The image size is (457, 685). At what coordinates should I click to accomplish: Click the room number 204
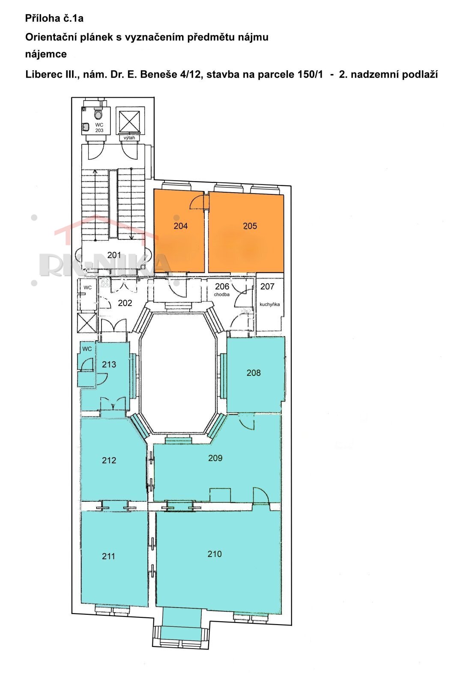click(x=180, y=226)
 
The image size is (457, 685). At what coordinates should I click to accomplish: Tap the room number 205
click(x=250, y=226)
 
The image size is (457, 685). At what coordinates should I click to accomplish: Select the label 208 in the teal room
click(x=254, y=373)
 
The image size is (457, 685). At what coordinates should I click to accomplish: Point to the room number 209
click(x=215, y=458)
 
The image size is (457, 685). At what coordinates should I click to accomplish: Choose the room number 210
click(x=215, y=554)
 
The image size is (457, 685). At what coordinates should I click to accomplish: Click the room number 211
click(x=108, y=556)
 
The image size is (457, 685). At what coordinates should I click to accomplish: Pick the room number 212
click(x=109, y=460)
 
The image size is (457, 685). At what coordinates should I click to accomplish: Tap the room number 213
click(x=109, y=364)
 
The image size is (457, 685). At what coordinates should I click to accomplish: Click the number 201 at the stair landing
click(x=114, y=255)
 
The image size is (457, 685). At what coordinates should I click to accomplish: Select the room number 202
click(x=125, y=303)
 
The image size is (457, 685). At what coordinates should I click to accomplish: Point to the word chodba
click(x=222, y=295)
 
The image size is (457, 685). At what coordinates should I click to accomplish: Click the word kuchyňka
click(x=269, y=304)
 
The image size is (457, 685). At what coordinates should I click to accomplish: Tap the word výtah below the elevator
click(x=129, y=137)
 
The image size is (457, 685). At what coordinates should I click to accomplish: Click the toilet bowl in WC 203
click(x=98, y=115)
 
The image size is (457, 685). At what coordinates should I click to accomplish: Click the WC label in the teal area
click(x=87, y=349)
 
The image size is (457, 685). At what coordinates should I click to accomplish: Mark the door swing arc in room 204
click(x=196, y=202)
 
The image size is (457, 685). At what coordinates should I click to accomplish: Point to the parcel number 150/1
click(x=310, y=74)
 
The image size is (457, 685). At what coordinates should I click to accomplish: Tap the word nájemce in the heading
click(x=46, y=54)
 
